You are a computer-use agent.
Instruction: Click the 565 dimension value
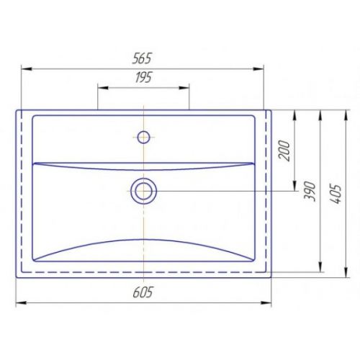(142, 58)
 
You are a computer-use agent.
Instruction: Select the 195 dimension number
(143, 77)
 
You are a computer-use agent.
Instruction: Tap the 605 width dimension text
(143, 292)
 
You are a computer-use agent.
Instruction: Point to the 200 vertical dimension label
(284, 150)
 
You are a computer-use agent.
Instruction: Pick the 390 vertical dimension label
(310, 191)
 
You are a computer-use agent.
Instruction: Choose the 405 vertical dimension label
(336, 194)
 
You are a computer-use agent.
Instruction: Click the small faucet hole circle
(143, 137)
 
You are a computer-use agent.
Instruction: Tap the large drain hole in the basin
(143, 192)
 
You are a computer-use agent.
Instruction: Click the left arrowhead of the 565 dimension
(27, 69)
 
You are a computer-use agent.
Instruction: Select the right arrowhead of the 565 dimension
(258, 69)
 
